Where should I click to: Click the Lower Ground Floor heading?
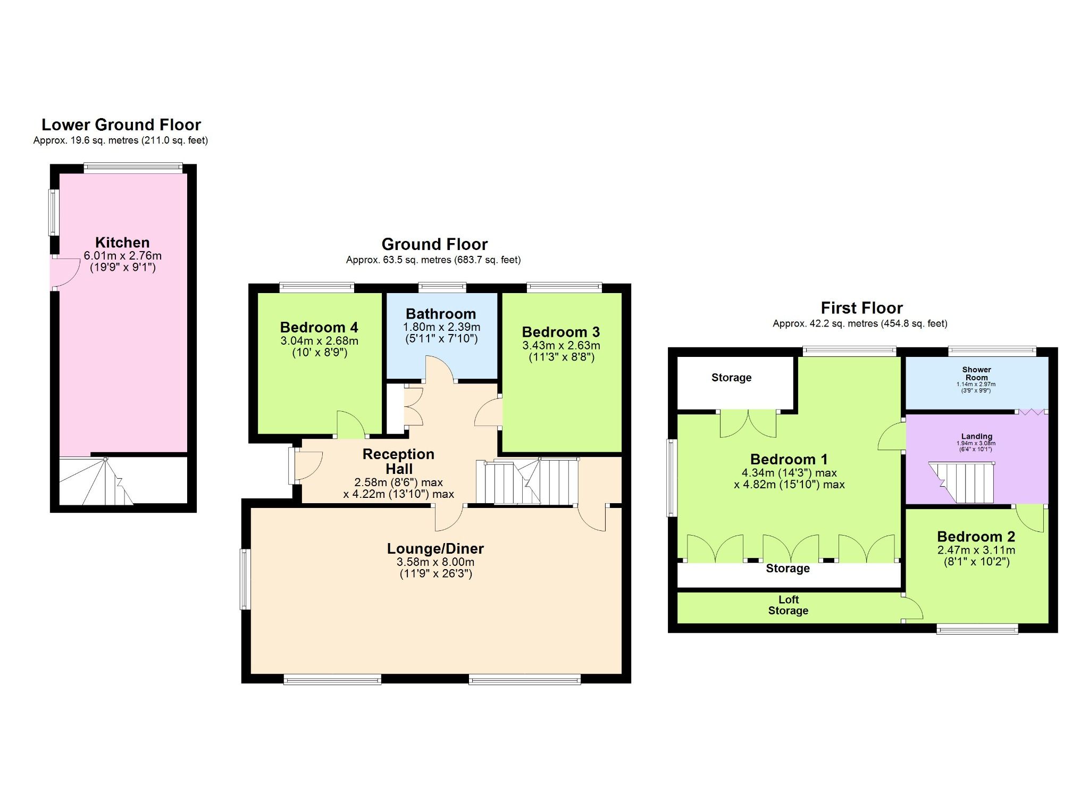click(x=121, y=125)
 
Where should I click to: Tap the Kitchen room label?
click(x=122, y=243)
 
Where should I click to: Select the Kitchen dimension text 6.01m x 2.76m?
click(x=122, y=255)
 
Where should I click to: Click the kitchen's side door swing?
click(x=66, y=272)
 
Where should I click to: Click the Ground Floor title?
click(x=434, y=244)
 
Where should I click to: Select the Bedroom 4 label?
click(x=319, y=327)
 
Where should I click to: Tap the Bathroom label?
click(x=441, y=314)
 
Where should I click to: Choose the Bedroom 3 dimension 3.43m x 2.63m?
click(x=561, y=345)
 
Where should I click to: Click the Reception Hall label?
click(x=399, y=461)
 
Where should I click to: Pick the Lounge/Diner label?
click(x=435, y=548)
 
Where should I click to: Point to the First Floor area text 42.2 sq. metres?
click(x=860, y=323)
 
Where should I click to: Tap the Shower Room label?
click(x=976, y=373)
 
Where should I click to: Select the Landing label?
click(x=976, y=436)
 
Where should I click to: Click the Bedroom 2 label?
click(x=976, y=537)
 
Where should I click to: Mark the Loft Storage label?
click(x=788, y=605)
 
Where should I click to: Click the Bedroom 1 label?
click(x=789, y=460)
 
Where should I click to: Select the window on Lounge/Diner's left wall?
click(x=245, y=579)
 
